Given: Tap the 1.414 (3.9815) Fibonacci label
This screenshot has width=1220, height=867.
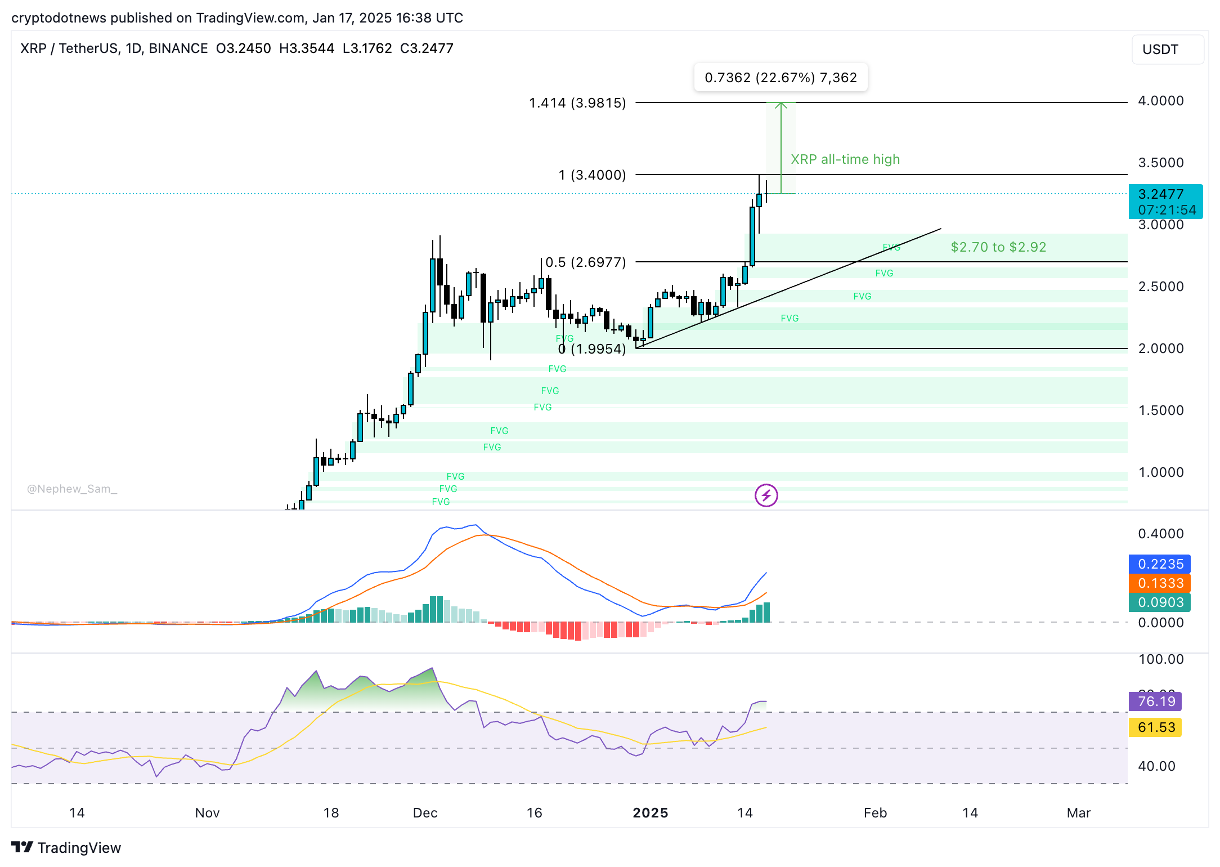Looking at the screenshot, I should click(x=577, y=103).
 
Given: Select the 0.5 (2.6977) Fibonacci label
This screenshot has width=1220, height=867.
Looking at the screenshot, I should click(x=585, y=262).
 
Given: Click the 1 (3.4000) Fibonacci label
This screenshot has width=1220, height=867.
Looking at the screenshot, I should click(x=592, y=175).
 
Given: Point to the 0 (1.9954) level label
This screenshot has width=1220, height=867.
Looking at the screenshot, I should click(x=592, y=349).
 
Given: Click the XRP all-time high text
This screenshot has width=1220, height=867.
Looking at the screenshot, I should click(x=845, y=159).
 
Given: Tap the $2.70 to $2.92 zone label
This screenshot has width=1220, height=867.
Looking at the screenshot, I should click(x=998, y=247).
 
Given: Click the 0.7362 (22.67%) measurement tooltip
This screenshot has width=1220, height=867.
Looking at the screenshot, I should click(x=781, y=78).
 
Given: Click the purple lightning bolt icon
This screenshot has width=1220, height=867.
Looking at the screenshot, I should click(x=766, y=495).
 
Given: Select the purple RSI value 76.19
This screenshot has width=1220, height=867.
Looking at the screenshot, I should click(x=1156, y=701).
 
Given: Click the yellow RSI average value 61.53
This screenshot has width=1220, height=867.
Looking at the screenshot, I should click(x=1156, y=727).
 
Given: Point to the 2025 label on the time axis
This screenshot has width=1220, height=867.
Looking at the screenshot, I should click(x=650, y=813).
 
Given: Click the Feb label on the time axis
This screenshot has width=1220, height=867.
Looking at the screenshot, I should click(x=875, y=813).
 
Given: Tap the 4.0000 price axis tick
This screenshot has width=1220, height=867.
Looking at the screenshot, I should click(x=1160, y=101).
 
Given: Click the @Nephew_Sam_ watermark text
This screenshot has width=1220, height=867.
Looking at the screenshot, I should click(x=72, y=489).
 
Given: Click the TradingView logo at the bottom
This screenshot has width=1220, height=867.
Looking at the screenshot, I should click(x=66, y=848).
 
